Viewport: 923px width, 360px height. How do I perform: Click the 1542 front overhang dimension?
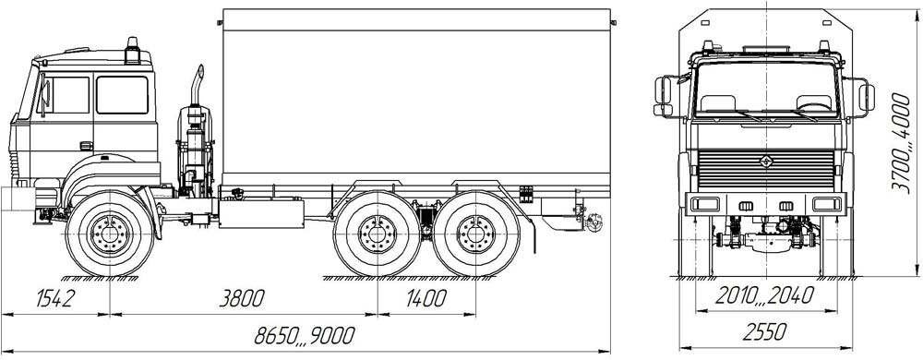tap(55, 298)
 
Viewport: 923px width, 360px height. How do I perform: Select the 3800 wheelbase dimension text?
tap(241, 298)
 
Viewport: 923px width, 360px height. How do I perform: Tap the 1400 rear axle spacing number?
tap(426, 298)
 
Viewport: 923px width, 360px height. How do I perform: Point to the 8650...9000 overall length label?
tap(305, 335)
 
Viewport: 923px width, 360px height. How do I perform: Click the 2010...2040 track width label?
tap(764, 295)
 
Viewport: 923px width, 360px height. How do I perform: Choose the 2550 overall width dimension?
tap(764, 332)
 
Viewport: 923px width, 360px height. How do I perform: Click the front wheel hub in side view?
tap(110, 233)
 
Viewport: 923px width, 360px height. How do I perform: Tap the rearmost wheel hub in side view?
tap(476, 234)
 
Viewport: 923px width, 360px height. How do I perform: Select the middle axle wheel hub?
tap(378, 234)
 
